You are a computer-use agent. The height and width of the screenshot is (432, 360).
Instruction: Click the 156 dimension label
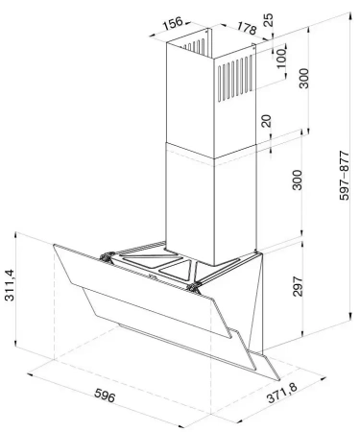point(173,23)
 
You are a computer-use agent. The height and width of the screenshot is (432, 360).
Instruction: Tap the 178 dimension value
point(247,28)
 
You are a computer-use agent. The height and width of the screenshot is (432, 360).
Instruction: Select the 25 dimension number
point(269,20)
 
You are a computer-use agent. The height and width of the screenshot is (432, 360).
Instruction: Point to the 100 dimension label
point(281,59)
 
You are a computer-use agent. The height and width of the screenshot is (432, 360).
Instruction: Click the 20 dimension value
point(266,121)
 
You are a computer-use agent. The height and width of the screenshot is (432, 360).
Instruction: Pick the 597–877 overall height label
point(345,176)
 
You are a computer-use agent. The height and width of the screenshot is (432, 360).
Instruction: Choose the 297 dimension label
point(298,286)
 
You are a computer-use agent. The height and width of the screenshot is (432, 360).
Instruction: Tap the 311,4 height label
point(10,285)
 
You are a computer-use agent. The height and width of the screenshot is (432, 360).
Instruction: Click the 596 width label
point(105,396)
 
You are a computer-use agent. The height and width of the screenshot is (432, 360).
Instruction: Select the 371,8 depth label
point(282,393)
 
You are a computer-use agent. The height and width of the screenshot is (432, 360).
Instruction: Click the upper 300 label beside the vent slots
point(303,79)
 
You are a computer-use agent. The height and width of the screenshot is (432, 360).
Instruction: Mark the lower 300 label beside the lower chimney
point(298,180)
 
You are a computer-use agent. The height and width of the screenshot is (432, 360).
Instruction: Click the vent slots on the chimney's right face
point(236,78)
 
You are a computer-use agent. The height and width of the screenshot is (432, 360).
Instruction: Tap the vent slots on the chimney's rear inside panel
point(194,46)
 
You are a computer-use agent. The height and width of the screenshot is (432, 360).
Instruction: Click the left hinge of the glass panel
point(108,257)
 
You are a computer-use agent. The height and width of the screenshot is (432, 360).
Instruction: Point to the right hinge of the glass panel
point(192,287)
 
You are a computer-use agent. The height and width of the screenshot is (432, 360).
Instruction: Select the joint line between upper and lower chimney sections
point(211,151)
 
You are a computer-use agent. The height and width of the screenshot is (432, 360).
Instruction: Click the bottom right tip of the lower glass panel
point(279,380)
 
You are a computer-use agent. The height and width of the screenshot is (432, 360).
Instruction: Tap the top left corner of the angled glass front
point(54,245)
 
